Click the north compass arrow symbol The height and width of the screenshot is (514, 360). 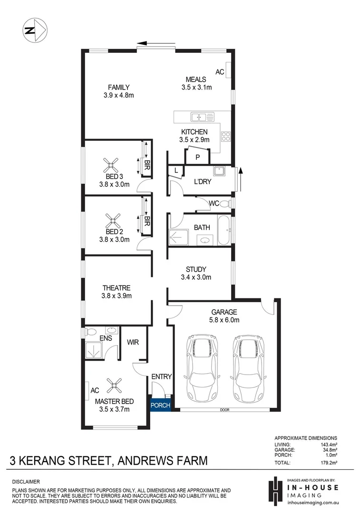[34, 30]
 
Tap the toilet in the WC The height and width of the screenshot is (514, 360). [225, 204]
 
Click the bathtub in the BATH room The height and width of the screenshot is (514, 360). [224, 231]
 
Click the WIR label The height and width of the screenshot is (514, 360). [133, 342]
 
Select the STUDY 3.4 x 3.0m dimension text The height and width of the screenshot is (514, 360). [196, 277]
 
